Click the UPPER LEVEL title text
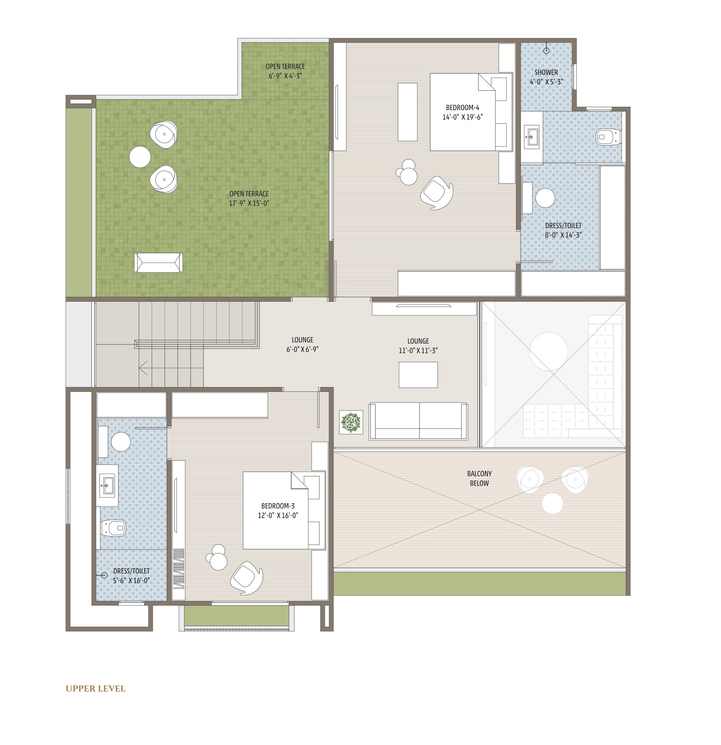95,689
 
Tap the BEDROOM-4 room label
462,108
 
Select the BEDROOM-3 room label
278,506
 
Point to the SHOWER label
546,72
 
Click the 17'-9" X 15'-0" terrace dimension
249,203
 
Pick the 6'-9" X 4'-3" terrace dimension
285,76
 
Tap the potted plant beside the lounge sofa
351,422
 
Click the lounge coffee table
418,375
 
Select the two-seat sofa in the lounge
419,421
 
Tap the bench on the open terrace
158,263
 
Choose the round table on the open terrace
140,157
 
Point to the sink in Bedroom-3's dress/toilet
107,485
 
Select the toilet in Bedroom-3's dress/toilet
113,528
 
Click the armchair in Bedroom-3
247,578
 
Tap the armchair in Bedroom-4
437,193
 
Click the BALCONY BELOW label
479,478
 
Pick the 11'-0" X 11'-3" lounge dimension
418,351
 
